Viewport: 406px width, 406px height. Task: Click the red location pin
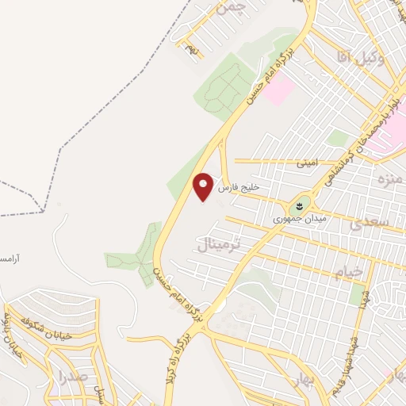204,186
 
